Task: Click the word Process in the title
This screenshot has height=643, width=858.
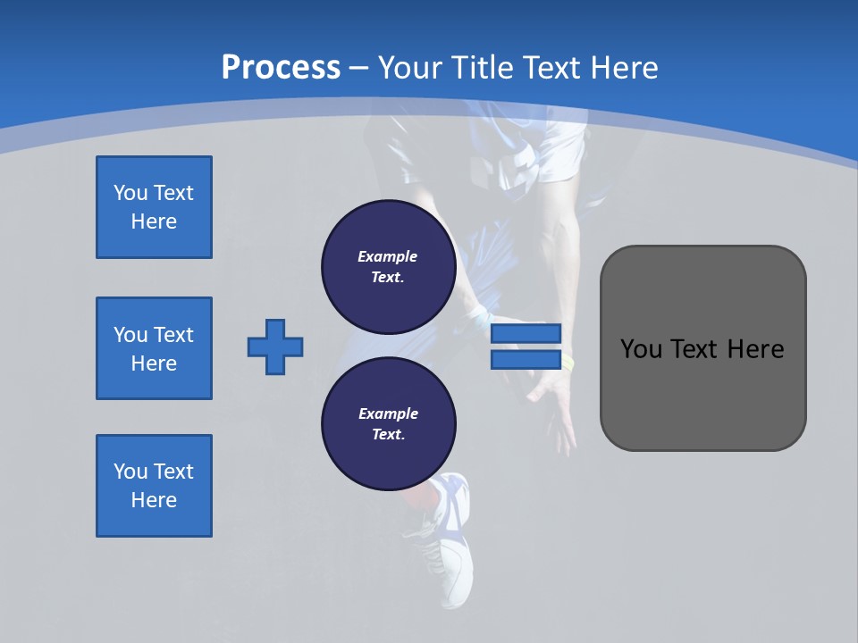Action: tap(281, 68)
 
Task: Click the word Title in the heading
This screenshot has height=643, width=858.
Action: tap(482, 68)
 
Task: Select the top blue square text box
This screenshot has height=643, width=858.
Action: tap(154, 207)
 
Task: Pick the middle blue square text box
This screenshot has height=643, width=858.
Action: tap(154, 348)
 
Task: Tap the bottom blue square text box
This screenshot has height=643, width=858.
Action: tap(154, 486)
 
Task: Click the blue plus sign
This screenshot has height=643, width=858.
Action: tap(275, 347)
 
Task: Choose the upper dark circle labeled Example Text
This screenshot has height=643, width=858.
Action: tap(388, 267)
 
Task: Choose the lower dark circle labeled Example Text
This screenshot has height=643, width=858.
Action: tap(388, 424)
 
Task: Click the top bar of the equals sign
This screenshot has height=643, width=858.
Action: tap(526, 333)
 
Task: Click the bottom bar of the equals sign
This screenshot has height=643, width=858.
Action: tap(526, 360)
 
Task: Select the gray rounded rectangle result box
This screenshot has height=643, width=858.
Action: tap(702, 348)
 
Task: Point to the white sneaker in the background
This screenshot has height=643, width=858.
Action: tap(451, 545)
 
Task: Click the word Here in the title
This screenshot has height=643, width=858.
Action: tap(624, 68)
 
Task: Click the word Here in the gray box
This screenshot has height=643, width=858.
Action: tap(756, 349)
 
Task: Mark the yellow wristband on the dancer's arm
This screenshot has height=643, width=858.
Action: tap(568, 362)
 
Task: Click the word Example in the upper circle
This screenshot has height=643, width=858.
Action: tap(387, 256)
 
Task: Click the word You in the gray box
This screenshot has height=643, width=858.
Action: tap(641, 349)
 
